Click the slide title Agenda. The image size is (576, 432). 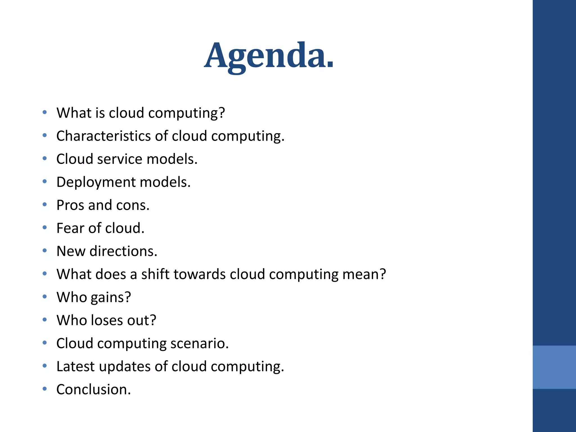pyautogui.click(x=269, y=55)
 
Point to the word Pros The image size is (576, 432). pyautogui.click(x=70, y=205)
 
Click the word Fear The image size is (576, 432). pyautogui.click(x=70, y=228)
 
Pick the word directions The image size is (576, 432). pyautogui.click(x=123, y=251)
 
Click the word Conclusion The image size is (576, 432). pyautogui.click(x=93, y=390)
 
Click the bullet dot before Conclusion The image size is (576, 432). pyautogui.click(x=44, y=389)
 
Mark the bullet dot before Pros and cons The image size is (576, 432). pyautogui.click(x=44, y=204)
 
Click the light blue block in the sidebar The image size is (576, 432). pyautogui.click(x=554, y=367)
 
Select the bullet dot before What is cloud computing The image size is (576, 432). pyautogui.click(x=44, y=112)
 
